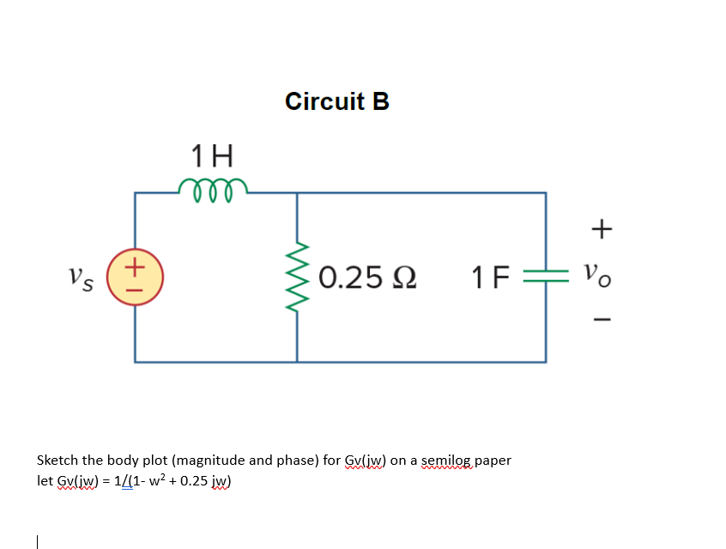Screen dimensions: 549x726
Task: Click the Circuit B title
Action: (336, 101)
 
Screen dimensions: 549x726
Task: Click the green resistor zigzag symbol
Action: (298, 277)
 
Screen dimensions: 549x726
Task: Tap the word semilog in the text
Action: (445, 461)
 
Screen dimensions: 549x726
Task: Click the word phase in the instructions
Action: (297, 461)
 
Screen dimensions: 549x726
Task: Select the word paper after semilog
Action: (492, 461)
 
